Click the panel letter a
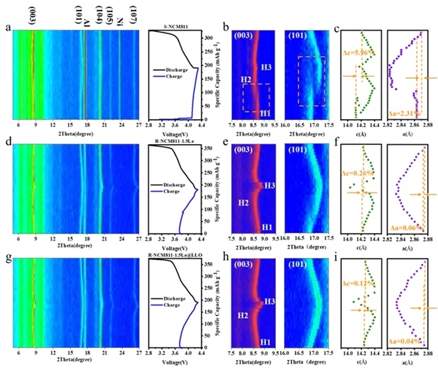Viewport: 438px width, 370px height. [x=8, y=28]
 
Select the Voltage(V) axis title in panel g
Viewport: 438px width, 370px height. [x=177, y=362]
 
